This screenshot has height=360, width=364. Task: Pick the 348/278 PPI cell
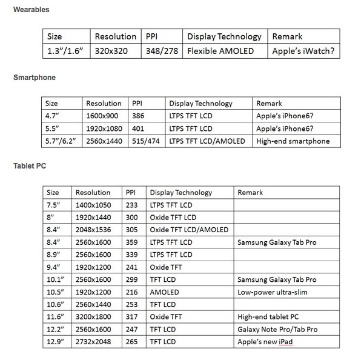tap(162, 51)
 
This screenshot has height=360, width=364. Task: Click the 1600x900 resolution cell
tap(104, 116)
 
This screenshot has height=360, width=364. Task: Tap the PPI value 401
tap(139, 128)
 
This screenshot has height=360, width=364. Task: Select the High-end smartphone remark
tap(292, 141)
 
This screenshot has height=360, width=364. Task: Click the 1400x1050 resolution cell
tap(93, 205)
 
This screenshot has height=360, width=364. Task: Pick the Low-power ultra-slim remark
tap(269, 292)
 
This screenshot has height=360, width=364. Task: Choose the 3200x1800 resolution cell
tap(93, 317)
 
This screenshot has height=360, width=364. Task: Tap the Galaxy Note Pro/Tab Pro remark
tap(276, 330)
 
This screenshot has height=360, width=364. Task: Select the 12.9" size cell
tap(56, 342)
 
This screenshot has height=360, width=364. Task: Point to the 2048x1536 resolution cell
tap(93, 230)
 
